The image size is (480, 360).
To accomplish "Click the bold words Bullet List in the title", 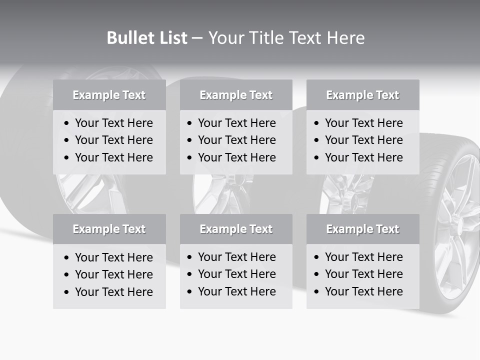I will [147, 38].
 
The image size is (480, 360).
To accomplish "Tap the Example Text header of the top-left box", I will [109, 95].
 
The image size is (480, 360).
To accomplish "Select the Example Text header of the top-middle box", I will [236, 95].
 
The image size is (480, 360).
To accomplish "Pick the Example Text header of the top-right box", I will [362, 95].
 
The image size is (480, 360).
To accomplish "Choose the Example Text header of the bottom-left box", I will [109, 229].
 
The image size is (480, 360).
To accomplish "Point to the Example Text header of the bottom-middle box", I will [236, 229].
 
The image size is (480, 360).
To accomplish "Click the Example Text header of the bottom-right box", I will [362, 229].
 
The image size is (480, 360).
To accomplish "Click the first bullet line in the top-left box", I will [113, 123].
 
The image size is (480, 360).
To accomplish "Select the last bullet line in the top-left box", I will [113, 157].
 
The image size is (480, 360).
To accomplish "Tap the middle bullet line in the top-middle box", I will [236, 140].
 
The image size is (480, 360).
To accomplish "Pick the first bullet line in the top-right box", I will [363, 123].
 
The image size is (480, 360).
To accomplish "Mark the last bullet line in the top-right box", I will [363, 157].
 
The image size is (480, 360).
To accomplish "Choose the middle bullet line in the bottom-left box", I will [113, 274].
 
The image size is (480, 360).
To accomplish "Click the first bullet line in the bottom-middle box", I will [236, 257].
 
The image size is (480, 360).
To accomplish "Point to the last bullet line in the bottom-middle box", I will [236, 291].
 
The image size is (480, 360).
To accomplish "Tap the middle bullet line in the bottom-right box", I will [363, 274].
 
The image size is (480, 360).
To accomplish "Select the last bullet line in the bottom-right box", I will [363, 291].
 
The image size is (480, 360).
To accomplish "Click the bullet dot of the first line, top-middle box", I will [190, 123].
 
